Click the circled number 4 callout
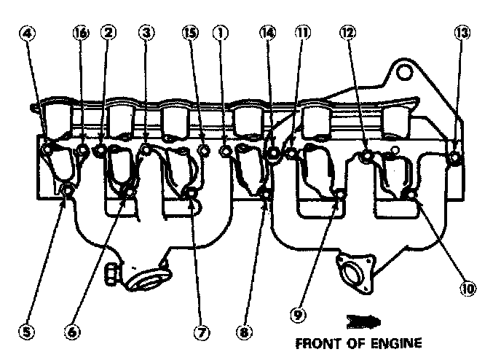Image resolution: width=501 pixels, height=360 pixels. [x=28, y=34]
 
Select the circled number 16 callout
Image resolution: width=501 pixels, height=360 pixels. [x=81, y=33]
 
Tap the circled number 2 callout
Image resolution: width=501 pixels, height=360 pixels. [x=109, y=32]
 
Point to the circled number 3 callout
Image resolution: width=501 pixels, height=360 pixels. [x=146, y=32]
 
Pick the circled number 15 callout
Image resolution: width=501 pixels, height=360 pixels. [x=191, y=32]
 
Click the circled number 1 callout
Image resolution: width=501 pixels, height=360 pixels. [x=221, y=33]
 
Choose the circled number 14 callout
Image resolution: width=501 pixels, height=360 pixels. [x=267, y=32]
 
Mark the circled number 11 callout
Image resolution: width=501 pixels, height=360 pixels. [x=303, y=32]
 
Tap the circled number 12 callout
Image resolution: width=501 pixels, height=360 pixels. [x=348, y=32]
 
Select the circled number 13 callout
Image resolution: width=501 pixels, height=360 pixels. [x=462, y=33]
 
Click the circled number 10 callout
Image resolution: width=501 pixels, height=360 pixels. [x=468, y=289]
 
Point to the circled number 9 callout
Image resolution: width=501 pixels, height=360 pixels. [x=298, y=315]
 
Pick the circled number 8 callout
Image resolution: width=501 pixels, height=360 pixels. [x=245, y=332]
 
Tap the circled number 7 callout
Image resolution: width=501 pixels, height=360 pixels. [x=202, y=332]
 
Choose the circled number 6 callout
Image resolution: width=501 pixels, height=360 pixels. [x=72, y=332]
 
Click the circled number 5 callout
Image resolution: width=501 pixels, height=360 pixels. [x=26, y=332]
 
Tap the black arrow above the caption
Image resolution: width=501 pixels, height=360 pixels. [x=363, y=321]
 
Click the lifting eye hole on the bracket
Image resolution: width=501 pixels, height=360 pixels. [x=404, y=71]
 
